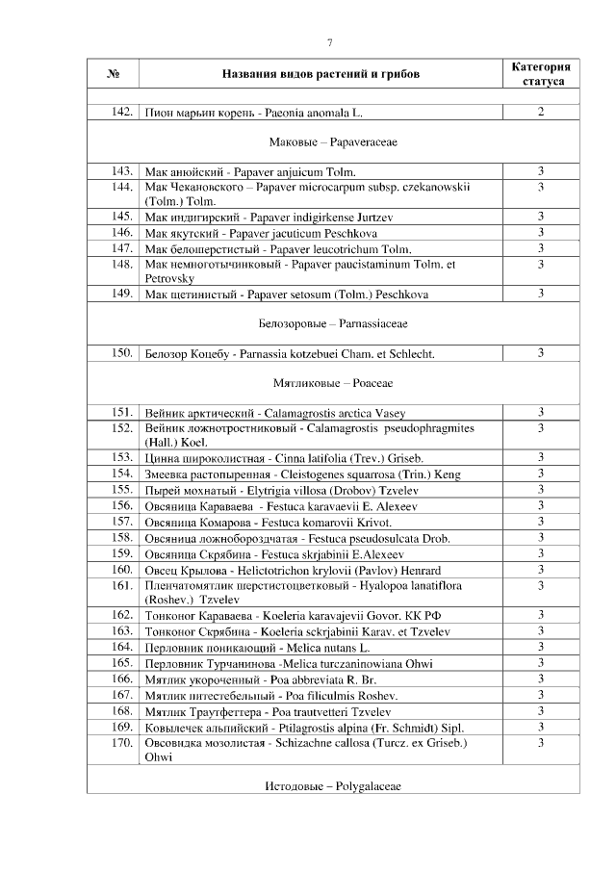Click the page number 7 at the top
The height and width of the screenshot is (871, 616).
[x=329, y=41]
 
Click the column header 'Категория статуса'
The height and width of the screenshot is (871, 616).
[x=540, y=74]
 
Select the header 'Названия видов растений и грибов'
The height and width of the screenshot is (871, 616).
[x=321, y=74]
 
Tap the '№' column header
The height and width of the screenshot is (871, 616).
[x=113, y=74]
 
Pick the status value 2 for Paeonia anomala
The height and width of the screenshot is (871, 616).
[x=541, y=113]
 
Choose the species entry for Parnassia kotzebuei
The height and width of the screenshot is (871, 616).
[x=289, y=354]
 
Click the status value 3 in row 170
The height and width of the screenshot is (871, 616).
[x=541, y=743]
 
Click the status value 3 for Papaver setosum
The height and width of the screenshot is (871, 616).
[x=541, y=293]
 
